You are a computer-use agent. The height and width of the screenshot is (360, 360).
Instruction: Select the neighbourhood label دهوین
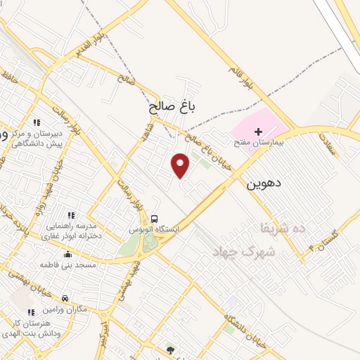264,184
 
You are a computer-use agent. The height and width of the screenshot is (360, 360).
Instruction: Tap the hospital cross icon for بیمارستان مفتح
258,131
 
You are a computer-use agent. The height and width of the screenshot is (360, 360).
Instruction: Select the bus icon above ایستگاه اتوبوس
154,218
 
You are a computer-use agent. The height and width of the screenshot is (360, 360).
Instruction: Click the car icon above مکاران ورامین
65,298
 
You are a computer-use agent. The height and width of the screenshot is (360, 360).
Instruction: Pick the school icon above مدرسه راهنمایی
70,214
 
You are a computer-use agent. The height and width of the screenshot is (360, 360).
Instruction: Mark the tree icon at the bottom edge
169,349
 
